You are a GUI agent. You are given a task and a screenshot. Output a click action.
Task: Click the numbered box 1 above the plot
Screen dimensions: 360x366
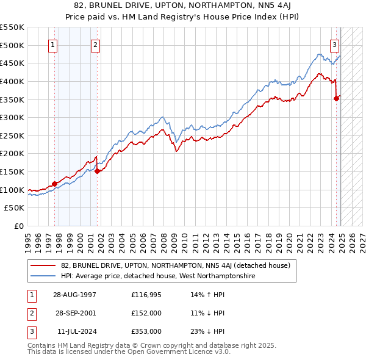[x=53, y=44]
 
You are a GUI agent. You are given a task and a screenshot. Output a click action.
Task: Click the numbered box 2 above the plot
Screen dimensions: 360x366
[x=96, y=44]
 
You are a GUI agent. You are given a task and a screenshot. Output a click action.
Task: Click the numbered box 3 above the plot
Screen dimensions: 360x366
[x=335, y=44]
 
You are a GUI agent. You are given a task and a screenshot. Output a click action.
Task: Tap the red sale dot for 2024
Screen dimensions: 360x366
[x=336, y=98]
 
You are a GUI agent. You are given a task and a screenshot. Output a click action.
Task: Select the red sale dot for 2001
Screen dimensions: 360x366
[x=98, y=171]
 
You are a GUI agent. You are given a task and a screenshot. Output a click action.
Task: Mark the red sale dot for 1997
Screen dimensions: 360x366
[x=55, y=183]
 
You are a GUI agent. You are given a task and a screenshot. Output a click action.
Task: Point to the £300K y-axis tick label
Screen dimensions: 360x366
[x=12, y=117]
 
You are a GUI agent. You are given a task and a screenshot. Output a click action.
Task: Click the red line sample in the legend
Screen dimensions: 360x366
[x=44, y=265]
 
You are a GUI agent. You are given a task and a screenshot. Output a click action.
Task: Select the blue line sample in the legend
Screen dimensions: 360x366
[x=44, y=276]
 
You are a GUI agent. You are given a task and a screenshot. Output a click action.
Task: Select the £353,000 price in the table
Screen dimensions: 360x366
[x=146, y=331]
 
